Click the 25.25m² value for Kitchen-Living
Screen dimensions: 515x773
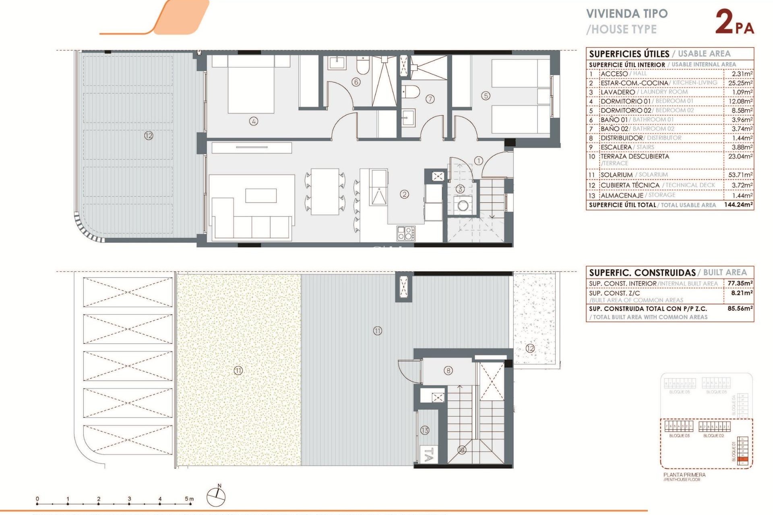click(x=740, y=83)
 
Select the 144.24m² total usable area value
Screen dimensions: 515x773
click(x=738, y=205)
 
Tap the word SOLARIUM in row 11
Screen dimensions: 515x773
click(x=616, y=175)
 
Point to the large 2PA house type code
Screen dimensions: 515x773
click(x=734, y=23)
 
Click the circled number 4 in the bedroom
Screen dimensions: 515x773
click(x=253, y=121)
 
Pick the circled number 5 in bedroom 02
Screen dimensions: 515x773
click(x=486, y=96)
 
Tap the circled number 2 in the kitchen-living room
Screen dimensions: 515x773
click(x=404, y=194)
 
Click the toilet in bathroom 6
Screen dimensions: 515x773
click(x=362, y=66)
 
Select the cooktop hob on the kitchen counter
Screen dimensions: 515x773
click(x=405, y=233)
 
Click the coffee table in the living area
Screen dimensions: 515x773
click(x=261, y=196)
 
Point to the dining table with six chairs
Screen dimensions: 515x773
click(x=325, y=192)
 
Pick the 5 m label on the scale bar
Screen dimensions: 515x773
click(x=189, y=499)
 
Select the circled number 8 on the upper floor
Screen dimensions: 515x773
click(x=448, y=371)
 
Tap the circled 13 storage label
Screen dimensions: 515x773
click(x=425, y=430)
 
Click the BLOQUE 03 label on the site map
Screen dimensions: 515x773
click(x=679, y=436)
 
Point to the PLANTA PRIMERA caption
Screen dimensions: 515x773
click(x=684, y=475)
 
